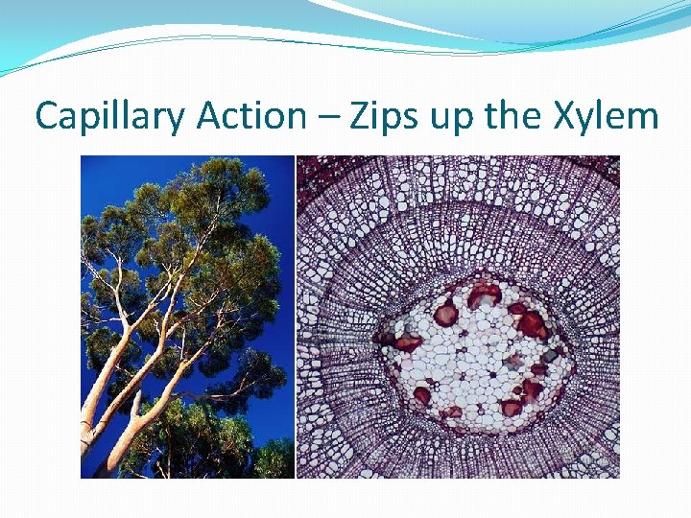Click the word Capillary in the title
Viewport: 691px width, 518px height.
[x=110, y=117]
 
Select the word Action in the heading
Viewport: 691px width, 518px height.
[x=251, y=117]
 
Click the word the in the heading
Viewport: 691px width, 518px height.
[x=515, y=117]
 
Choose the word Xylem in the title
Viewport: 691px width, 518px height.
[x=606, y=117]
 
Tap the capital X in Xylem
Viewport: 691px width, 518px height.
[x=564, y=117]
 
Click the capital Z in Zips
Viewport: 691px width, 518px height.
[x=359, y=117]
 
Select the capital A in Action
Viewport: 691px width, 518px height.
[x=208, y=117]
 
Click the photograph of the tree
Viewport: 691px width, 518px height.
[x=187, y=317]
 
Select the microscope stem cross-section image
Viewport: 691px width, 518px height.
[x=458, y=317]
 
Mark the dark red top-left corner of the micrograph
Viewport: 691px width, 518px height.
[x=305, y=165]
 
